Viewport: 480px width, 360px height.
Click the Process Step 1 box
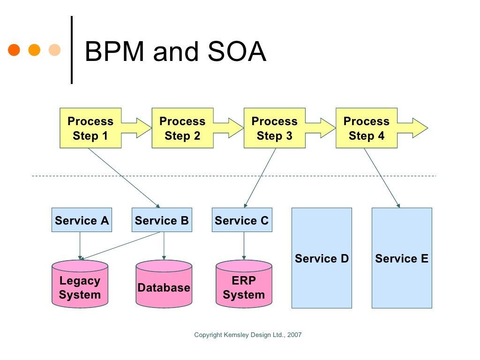[90, 128]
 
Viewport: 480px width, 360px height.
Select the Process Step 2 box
[182, 128]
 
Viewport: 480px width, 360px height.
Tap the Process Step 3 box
[274, 128]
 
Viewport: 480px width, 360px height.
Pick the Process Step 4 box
[366, 128]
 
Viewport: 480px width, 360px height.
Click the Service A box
[82, 220]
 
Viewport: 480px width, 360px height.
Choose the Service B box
[162, 220]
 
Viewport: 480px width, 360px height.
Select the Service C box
[242, 220]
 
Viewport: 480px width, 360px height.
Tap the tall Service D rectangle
[322, 258]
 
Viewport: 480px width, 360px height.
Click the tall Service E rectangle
[402, 258]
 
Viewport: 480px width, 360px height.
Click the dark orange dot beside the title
[14, 50]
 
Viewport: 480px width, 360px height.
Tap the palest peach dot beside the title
[55, 50]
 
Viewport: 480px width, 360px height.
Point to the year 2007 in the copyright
[294, 335]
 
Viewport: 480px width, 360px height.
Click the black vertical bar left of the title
[72, 50]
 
